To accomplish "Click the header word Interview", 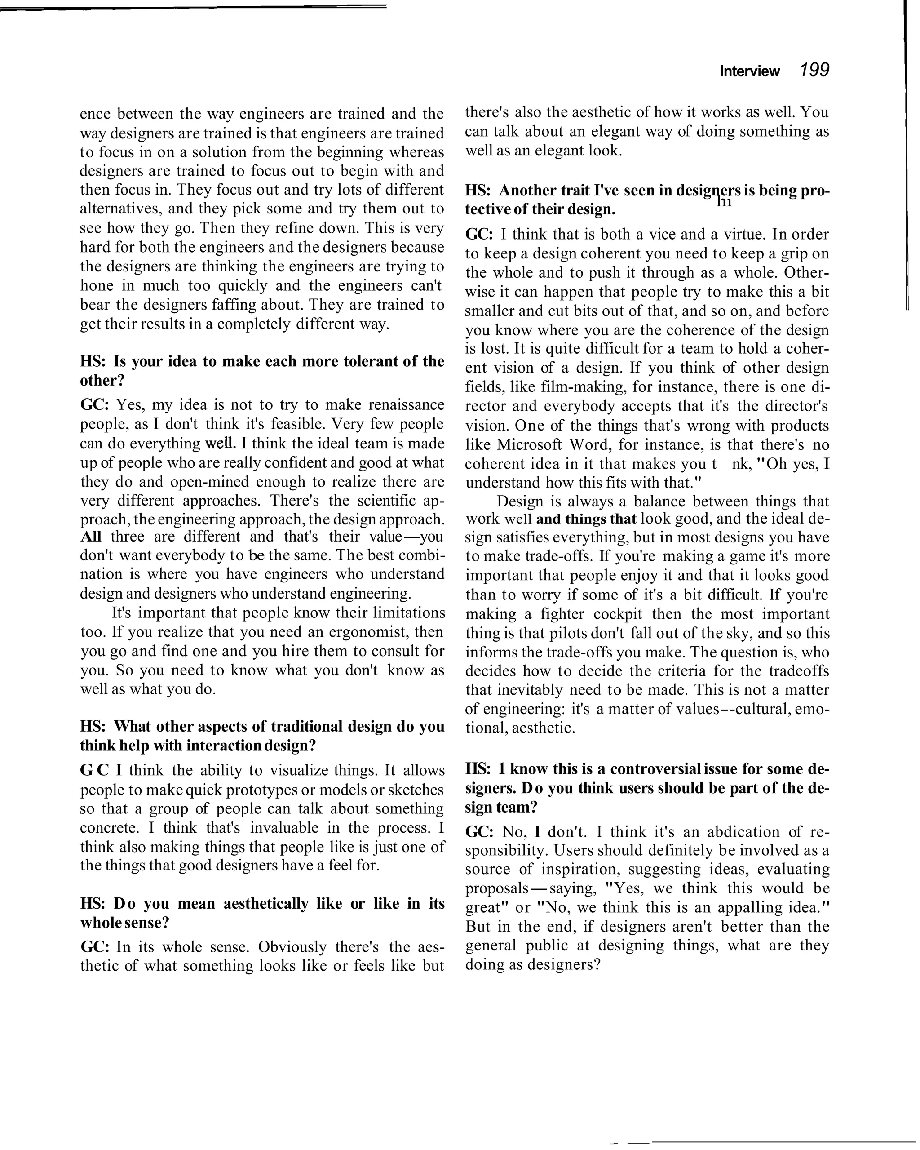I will coord(749,71).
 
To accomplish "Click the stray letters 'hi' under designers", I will coord(724,202).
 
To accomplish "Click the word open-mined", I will coord(208,482).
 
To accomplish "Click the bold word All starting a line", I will coord(91,537).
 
